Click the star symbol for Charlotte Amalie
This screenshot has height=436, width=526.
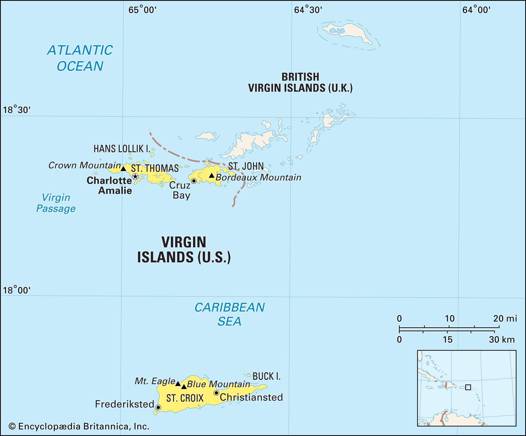coord(135,176)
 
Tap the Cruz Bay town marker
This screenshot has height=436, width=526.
coord(194,181)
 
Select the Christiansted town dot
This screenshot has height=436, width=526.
coord(216,393)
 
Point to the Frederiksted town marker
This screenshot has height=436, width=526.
coord(158,407)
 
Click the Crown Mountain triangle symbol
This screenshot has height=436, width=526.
coord(123,169)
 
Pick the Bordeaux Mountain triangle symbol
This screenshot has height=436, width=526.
coord(211,175)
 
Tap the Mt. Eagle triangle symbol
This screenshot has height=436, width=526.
coord(178,384)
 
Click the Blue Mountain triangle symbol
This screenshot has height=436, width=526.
coord(184,387)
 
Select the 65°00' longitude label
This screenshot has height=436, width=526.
coord(142,10)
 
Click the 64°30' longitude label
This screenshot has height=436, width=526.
coord(308,10)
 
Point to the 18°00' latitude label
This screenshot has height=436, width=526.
coord(17,290)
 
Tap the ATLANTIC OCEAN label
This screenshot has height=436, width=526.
coord(80,58)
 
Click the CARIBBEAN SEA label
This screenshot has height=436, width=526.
coord(229,314)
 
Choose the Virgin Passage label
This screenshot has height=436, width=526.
coord(56,203)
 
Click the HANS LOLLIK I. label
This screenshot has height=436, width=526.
coord(122,149)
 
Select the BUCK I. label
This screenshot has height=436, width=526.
coord(266,376)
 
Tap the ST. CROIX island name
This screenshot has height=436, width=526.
coord(185,398)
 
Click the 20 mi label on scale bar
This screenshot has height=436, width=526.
coord(505,319)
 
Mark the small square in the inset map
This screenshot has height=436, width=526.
coord(468,387)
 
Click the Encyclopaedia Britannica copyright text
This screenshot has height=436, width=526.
coord(79,426)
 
